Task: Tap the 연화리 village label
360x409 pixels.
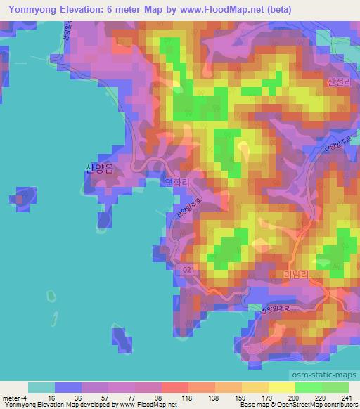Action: click(x=177, y=181)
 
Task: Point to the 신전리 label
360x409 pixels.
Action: click(x=339, y=81)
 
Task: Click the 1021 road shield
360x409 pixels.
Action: click(x=186, y=270)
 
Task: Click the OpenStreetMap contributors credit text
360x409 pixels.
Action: click(x=321, y=405)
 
